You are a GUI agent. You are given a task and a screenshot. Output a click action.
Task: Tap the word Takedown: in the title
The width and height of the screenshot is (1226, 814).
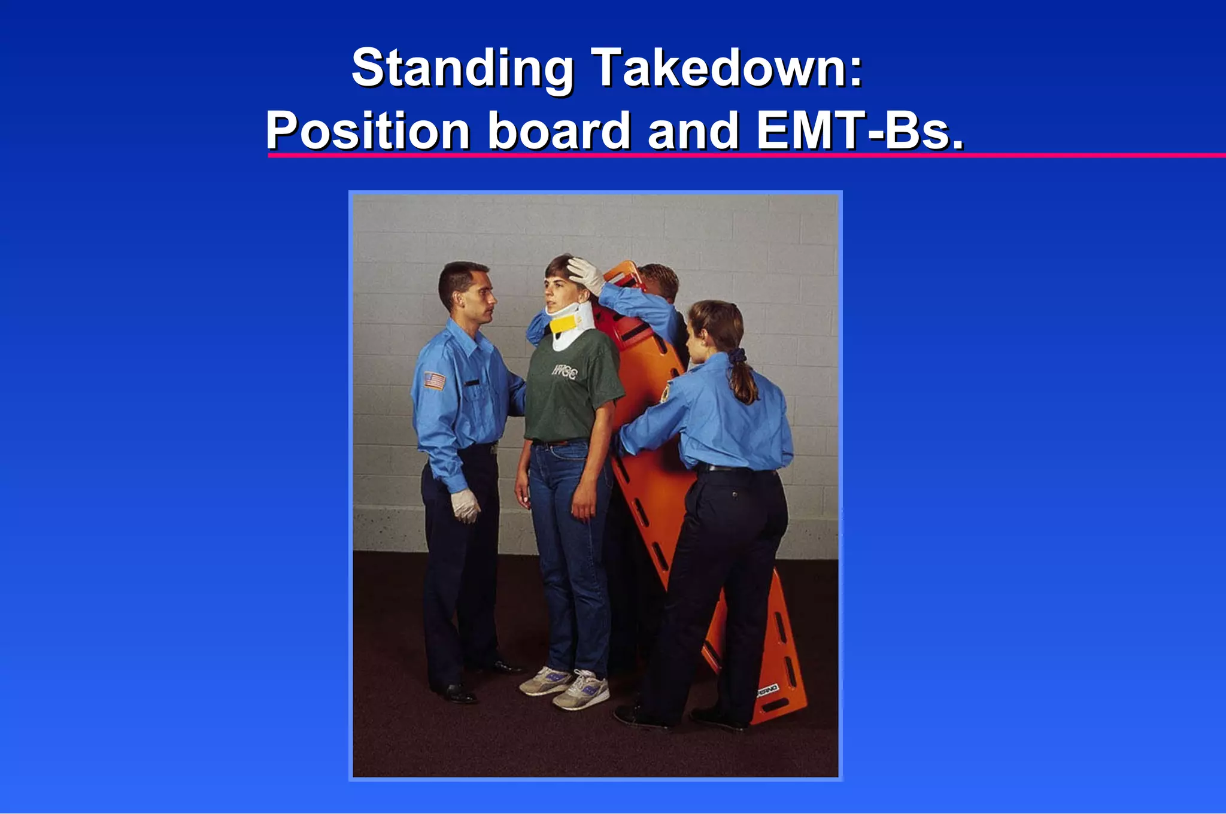pyautogui.click(x=727, y=68)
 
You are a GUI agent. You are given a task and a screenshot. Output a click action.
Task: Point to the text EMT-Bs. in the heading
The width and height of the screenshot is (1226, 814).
pyautogui.click(x=860, y=130)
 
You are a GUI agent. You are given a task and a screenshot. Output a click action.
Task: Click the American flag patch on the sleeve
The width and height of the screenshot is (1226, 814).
pyautogui.click(x=435, y=381)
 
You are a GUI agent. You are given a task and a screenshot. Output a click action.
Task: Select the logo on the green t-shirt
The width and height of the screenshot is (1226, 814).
pyautogui.click(x=565, y=372)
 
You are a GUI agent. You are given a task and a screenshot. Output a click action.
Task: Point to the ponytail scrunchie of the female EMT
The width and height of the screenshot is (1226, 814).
pyautogui.click(x=738, y=356)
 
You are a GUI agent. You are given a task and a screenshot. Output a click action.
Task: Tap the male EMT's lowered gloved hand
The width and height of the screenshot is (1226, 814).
pyautogui.click(x=465, y=505)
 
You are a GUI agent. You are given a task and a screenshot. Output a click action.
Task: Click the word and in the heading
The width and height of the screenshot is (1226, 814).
pyautogui.click(x=693, y=130)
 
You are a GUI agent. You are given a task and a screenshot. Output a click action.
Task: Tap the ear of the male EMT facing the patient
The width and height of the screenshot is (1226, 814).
pyautogui.click(x=459, y=297)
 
